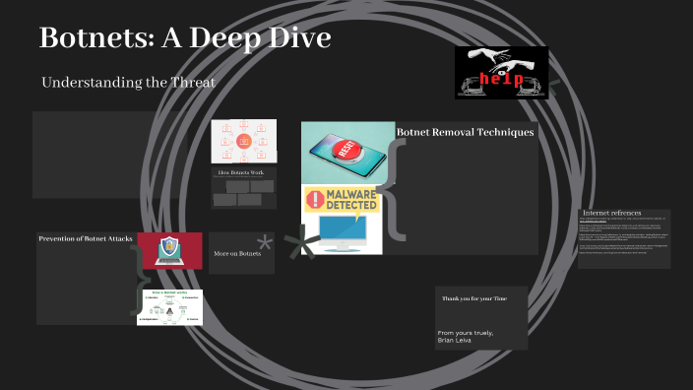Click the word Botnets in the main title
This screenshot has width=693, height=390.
(x=95, y=39)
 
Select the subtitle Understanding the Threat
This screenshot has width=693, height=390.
(x=128, y=83)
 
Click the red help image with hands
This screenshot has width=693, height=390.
(x=501, y=73)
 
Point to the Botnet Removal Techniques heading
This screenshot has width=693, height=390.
(x=465, y=132)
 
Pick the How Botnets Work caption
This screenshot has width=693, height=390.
(x=241, y=172)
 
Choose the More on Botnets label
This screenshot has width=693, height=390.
(x=237, y=254)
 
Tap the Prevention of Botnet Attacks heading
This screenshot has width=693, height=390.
(x=86, y=238)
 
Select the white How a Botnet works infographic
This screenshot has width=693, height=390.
(x=169, y=306)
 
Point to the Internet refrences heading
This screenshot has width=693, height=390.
(x=611, y=213)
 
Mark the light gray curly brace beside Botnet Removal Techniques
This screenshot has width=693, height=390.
(x=391, y=188)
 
